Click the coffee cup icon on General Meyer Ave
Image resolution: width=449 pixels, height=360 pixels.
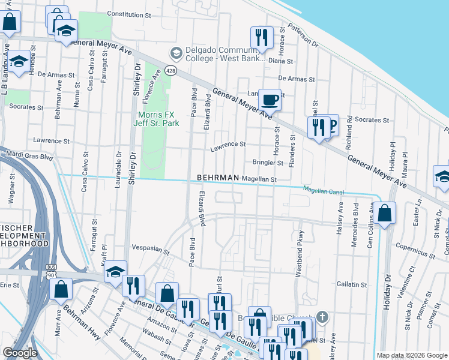pos(270,100)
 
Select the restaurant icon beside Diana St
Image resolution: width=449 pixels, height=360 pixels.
pos(261,37)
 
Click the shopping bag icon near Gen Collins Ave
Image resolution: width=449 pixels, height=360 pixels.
pos(385,212)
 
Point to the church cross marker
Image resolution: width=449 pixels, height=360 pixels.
pos(322,317)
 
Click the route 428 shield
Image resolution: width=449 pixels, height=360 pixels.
pos(172,70)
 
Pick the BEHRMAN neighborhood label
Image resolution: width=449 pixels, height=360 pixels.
pos(217,179)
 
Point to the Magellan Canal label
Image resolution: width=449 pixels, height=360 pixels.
pos(323,190)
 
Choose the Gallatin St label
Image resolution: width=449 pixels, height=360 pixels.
pos(352,284)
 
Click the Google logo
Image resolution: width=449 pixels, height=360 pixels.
pos(20,353)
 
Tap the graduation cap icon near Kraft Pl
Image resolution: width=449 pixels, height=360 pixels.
pos(115,271)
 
